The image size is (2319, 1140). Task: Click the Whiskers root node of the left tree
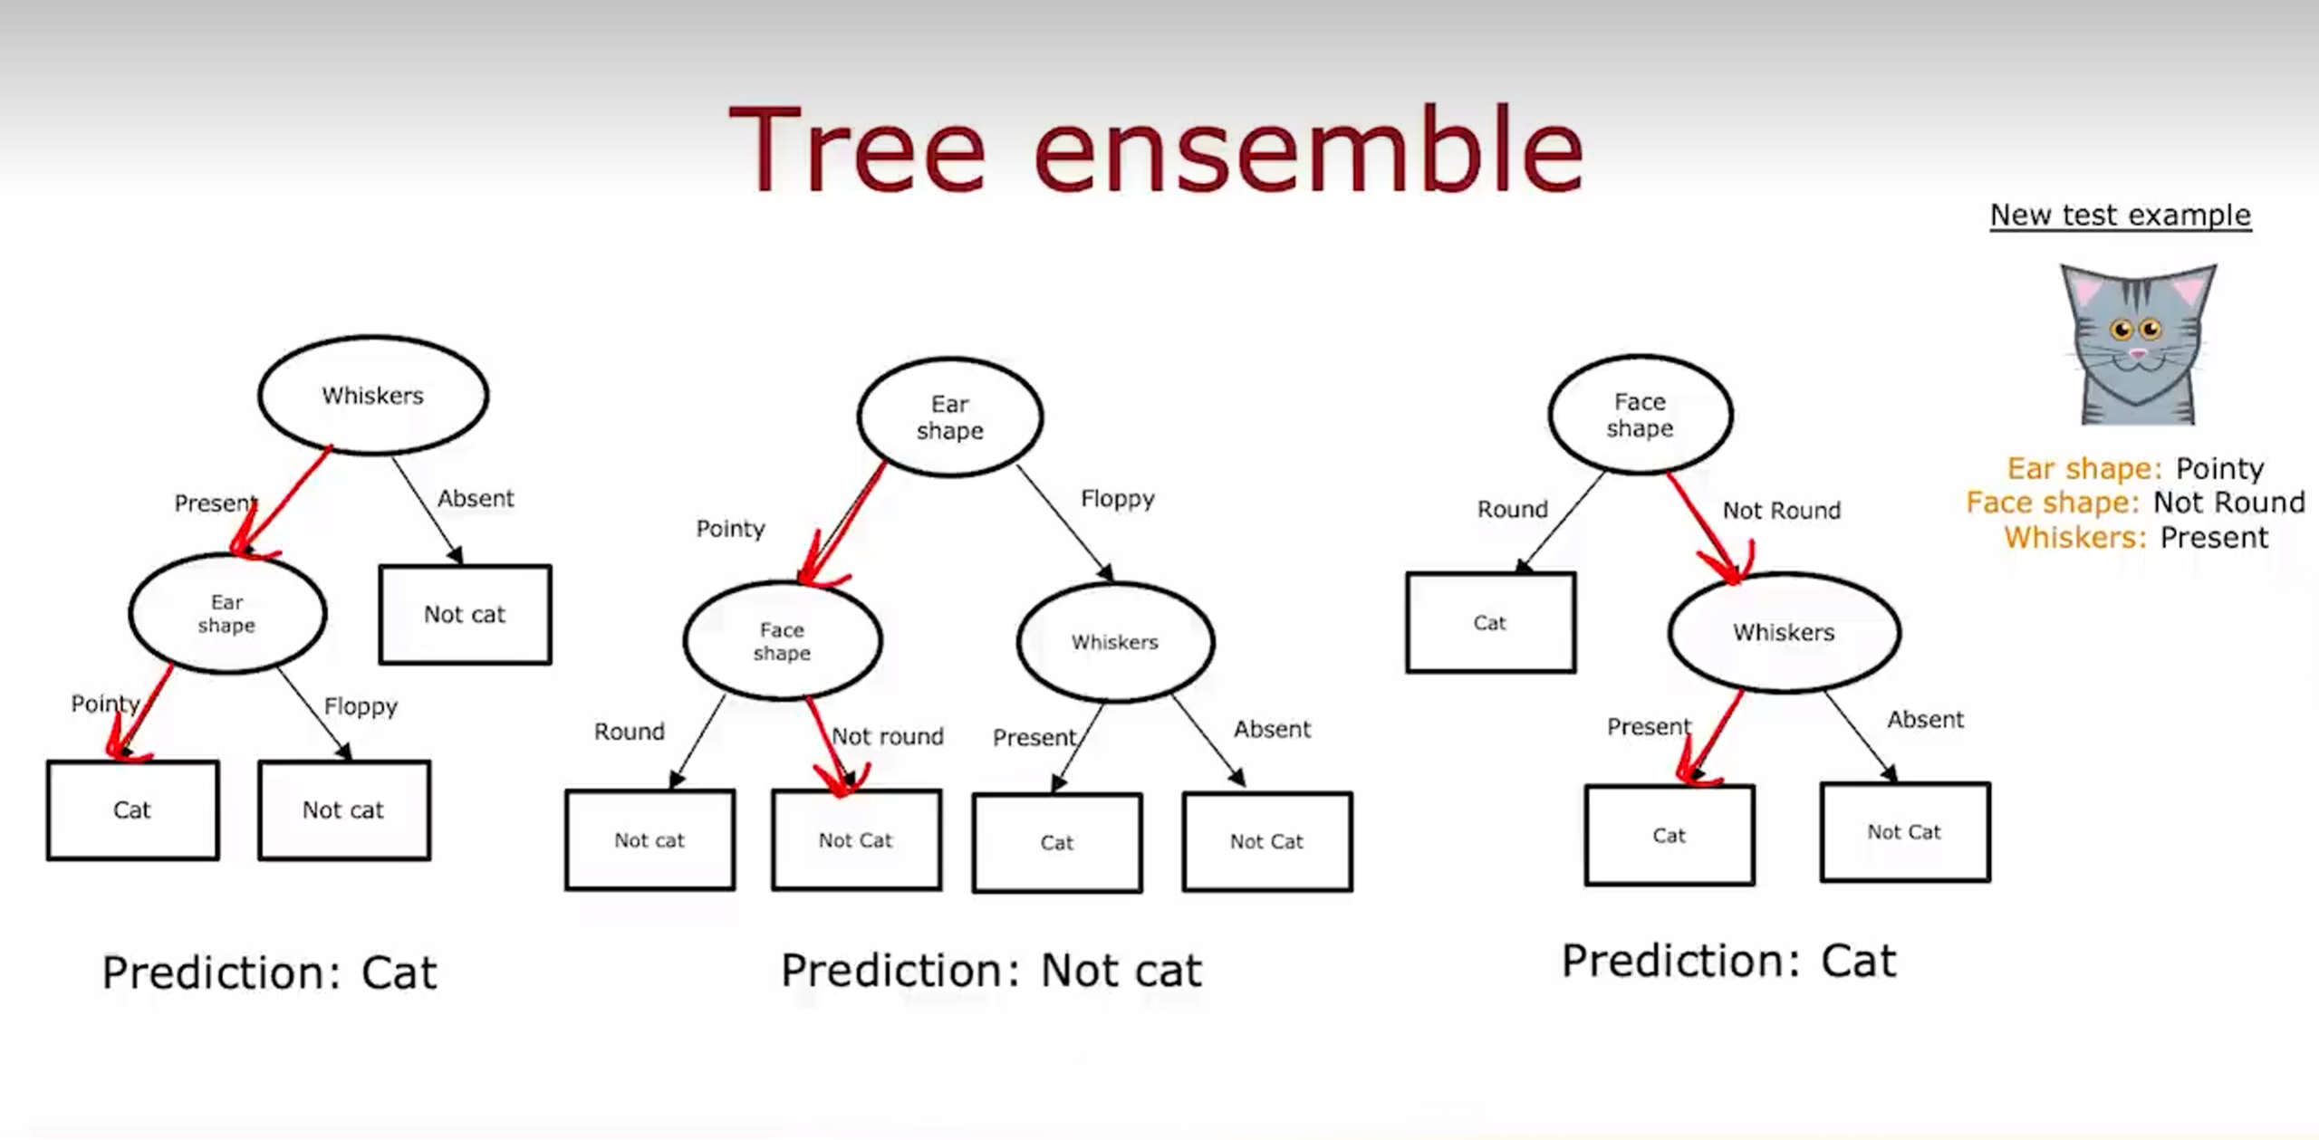tap(372, 396)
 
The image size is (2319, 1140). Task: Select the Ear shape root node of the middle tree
tap(949, 417)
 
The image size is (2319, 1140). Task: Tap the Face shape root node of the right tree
tap(1640, 415)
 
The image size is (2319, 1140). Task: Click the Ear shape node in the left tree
tap(226, 614)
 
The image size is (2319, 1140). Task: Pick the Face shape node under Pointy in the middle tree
tap(782, 641)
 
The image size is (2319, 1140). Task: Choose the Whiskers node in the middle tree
tap(1115, 642)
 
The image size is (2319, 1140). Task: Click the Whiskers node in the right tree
tap(1784, 632)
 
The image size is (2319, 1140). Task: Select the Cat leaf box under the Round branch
tap(1490, 623)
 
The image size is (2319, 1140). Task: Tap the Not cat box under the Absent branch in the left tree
tap(465, 615)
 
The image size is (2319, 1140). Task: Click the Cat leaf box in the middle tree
tap(1057, 843)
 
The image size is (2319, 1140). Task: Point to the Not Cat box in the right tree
tap(1904, 832)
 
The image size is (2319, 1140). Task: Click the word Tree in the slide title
tap(855, 150)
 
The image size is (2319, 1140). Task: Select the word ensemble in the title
tap(1307, 150)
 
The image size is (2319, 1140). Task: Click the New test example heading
tap(2120, 216)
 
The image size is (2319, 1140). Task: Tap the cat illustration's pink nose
tap(2138, 353)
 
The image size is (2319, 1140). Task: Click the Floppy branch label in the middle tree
tap(1118, 499)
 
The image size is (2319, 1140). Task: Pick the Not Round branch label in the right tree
tap(1781, 511)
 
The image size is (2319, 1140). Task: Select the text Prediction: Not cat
tap(991, 971)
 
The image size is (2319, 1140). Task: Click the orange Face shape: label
tap(2052, 503)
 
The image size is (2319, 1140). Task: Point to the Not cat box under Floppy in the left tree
tap(343, 810)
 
